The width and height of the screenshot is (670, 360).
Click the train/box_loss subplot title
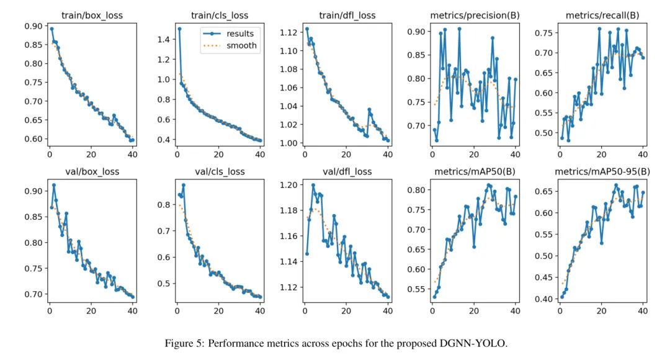pos(91,15)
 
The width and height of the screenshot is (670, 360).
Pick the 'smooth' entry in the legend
pos(242,45)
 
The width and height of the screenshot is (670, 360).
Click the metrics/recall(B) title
pos(602,15)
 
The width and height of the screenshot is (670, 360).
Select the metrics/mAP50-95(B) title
pos(602,171)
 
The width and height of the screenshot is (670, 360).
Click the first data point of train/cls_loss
pos(179,29)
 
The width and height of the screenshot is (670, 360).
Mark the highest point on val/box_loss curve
pos(53,185)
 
